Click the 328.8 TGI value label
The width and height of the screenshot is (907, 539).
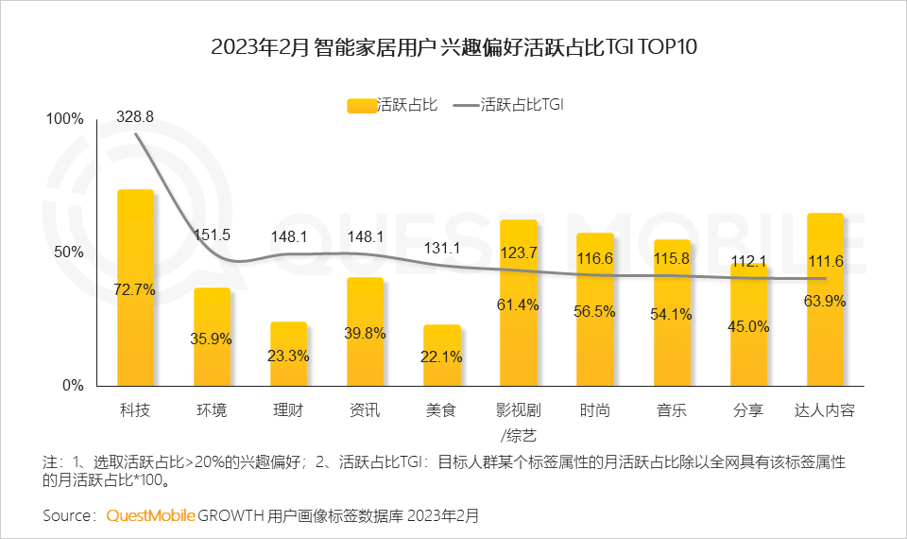pos(135,116)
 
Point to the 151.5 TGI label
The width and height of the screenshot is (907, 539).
pos(213,235)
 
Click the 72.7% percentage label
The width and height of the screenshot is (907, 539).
pos(135,289)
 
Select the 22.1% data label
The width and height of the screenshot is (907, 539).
pos(442,356)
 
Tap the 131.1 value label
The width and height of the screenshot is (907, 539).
pos(442,248)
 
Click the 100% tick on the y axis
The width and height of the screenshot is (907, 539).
pos(65,119)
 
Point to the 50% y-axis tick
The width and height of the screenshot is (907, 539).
pos(69,252)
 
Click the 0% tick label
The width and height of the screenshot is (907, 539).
pos(73,386)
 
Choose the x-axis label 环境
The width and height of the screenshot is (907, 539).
pos(212,411)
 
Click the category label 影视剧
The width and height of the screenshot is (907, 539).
pos(519,411)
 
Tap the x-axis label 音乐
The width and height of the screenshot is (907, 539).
pos(672,411)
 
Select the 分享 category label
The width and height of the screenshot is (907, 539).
pos(748,411)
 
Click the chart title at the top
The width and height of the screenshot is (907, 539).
pos(453,47)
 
